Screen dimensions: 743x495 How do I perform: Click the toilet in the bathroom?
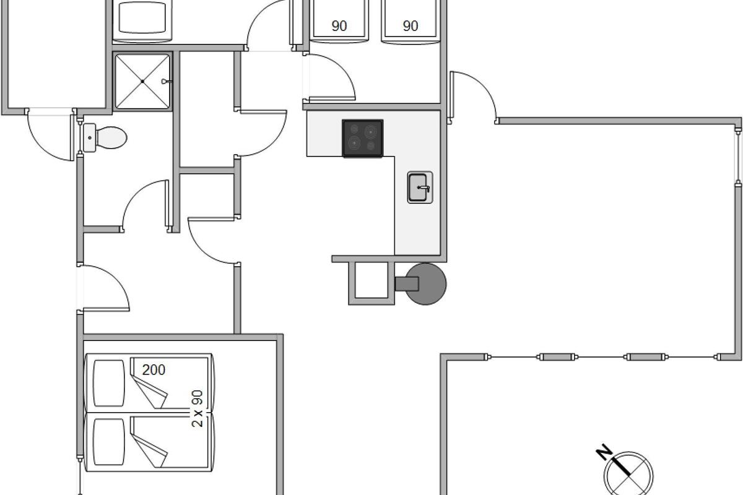click(105, 137)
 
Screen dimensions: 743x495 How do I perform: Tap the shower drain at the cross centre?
click(142, 81)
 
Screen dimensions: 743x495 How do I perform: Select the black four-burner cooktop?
click(363, 138)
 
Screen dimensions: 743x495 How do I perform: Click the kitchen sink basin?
click(418, 187)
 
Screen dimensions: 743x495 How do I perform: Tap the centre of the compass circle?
click(628, 476)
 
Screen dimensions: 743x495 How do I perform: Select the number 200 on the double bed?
click(154, 369)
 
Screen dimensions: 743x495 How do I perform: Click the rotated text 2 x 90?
click(198, 408)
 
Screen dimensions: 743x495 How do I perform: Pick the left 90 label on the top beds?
click(339, 26)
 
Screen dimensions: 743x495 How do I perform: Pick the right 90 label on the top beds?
click(411, 26)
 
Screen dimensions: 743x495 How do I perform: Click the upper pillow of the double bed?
click(109, 383)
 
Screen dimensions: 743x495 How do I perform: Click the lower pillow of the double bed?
click(109, 442)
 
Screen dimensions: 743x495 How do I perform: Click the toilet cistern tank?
click(90, 137)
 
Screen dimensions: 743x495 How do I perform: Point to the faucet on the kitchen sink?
click(424, 189)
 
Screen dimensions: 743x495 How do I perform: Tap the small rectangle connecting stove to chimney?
click(407, 284)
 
